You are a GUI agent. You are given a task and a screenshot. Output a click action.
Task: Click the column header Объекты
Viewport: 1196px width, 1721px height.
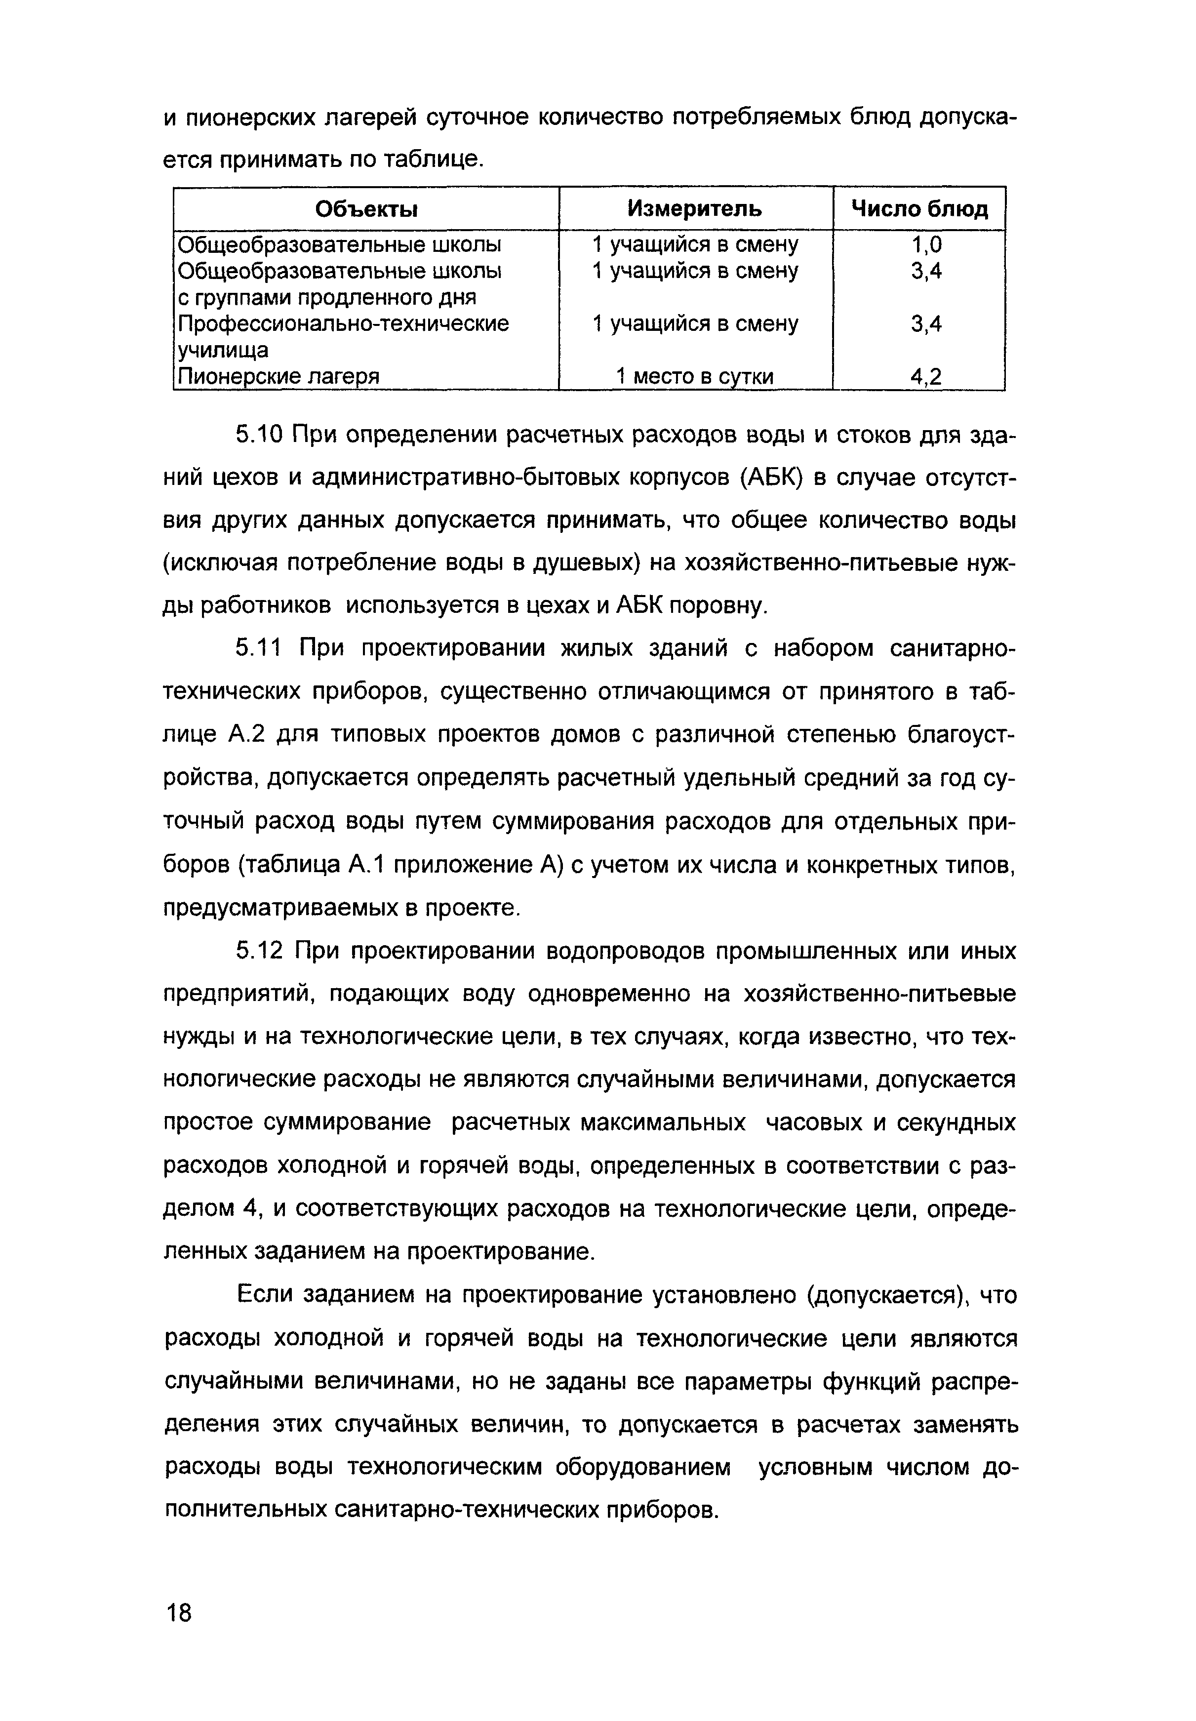[366, 209]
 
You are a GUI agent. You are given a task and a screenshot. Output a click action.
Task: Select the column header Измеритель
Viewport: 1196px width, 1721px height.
[695, 208]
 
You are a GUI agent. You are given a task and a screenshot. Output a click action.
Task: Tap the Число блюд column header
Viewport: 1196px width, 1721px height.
[919, 209]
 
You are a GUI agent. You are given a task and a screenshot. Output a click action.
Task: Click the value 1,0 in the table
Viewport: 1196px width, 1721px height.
[926, 245]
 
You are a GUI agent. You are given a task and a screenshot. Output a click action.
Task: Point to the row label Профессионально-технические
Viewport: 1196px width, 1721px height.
[343, 323]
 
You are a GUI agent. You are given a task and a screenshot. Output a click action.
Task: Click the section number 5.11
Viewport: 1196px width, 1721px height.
[258, 648]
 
